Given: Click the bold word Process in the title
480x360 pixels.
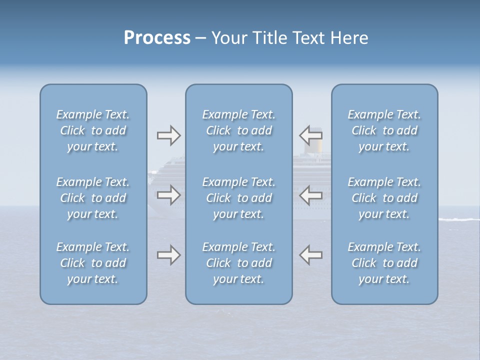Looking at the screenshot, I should pyautogui.click(x=157, y=38).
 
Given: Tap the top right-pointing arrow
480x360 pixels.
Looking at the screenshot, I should pyautogui.click(x=168, y=135).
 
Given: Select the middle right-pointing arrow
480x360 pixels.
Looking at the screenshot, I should pyautogui.click(x=168, y=195).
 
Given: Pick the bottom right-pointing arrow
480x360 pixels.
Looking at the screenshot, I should pyautogui.click(x=168, y=255).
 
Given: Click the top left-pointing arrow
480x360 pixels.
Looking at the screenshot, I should pyautogui.click(x=310, y=135).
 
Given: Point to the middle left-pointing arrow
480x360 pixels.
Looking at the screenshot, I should pyautogui.click(x=310, y=195).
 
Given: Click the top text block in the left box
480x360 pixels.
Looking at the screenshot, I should pyautogui.click(x=93, y=130).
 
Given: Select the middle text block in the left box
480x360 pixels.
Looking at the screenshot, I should pyautogui.click(x=93, y=198).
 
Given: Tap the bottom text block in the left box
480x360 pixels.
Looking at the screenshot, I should pyautogui.click(x=93, y=263).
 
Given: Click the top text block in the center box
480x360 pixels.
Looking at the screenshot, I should pyautogui.click(x=239, y=130).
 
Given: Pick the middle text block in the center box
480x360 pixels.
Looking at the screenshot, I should pyautogui.click(x=239, y=198).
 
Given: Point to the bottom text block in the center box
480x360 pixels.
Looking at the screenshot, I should pyautogui.click(x=239, y=263).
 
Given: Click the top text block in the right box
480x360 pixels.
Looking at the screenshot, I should pyautogui.click(x=384, y=130).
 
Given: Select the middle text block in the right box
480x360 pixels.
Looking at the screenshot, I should pyautogui.click(x=384, y=198).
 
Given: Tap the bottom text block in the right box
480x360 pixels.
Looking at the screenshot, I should pyautogui.click(x=384, y=263).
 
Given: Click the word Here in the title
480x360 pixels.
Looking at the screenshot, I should pyautogui.click(x=349, y=38).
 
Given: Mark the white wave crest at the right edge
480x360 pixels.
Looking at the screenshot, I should pyautogui.click(x=458, y=219).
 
